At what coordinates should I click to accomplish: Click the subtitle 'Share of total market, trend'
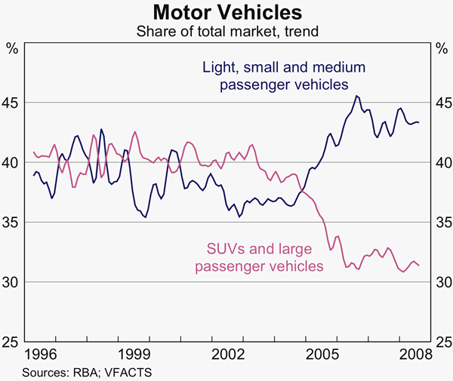click(x=227, y=32)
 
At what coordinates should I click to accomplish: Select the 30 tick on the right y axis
click(x=442, y=282)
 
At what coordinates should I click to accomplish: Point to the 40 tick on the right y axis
click(x=442, y=162)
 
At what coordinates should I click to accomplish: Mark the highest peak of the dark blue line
click(x=356, y=96)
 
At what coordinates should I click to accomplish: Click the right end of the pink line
click(x=419, y=265)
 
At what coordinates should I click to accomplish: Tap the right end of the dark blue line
click(x=419, y=122)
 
